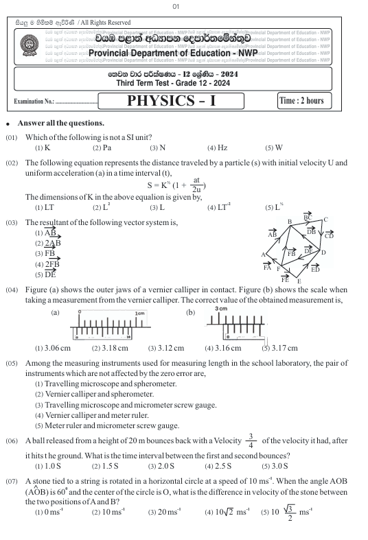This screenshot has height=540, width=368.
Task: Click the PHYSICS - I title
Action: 171,101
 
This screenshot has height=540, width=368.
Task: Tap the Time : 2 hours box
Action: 301,101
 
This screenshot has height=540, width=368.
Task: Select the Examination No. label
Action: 56,102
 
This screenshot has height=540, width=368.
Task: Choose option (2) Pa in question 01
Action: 102,148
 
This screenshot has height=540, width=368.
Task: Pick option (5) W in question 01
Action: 273,148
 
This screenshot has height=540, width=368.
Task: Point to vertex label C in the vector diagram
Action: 325,220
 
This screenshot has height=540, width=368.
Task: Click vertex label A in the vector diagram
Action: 264,255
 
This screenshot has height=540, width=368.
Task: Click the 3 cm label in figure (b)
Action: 220,309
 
